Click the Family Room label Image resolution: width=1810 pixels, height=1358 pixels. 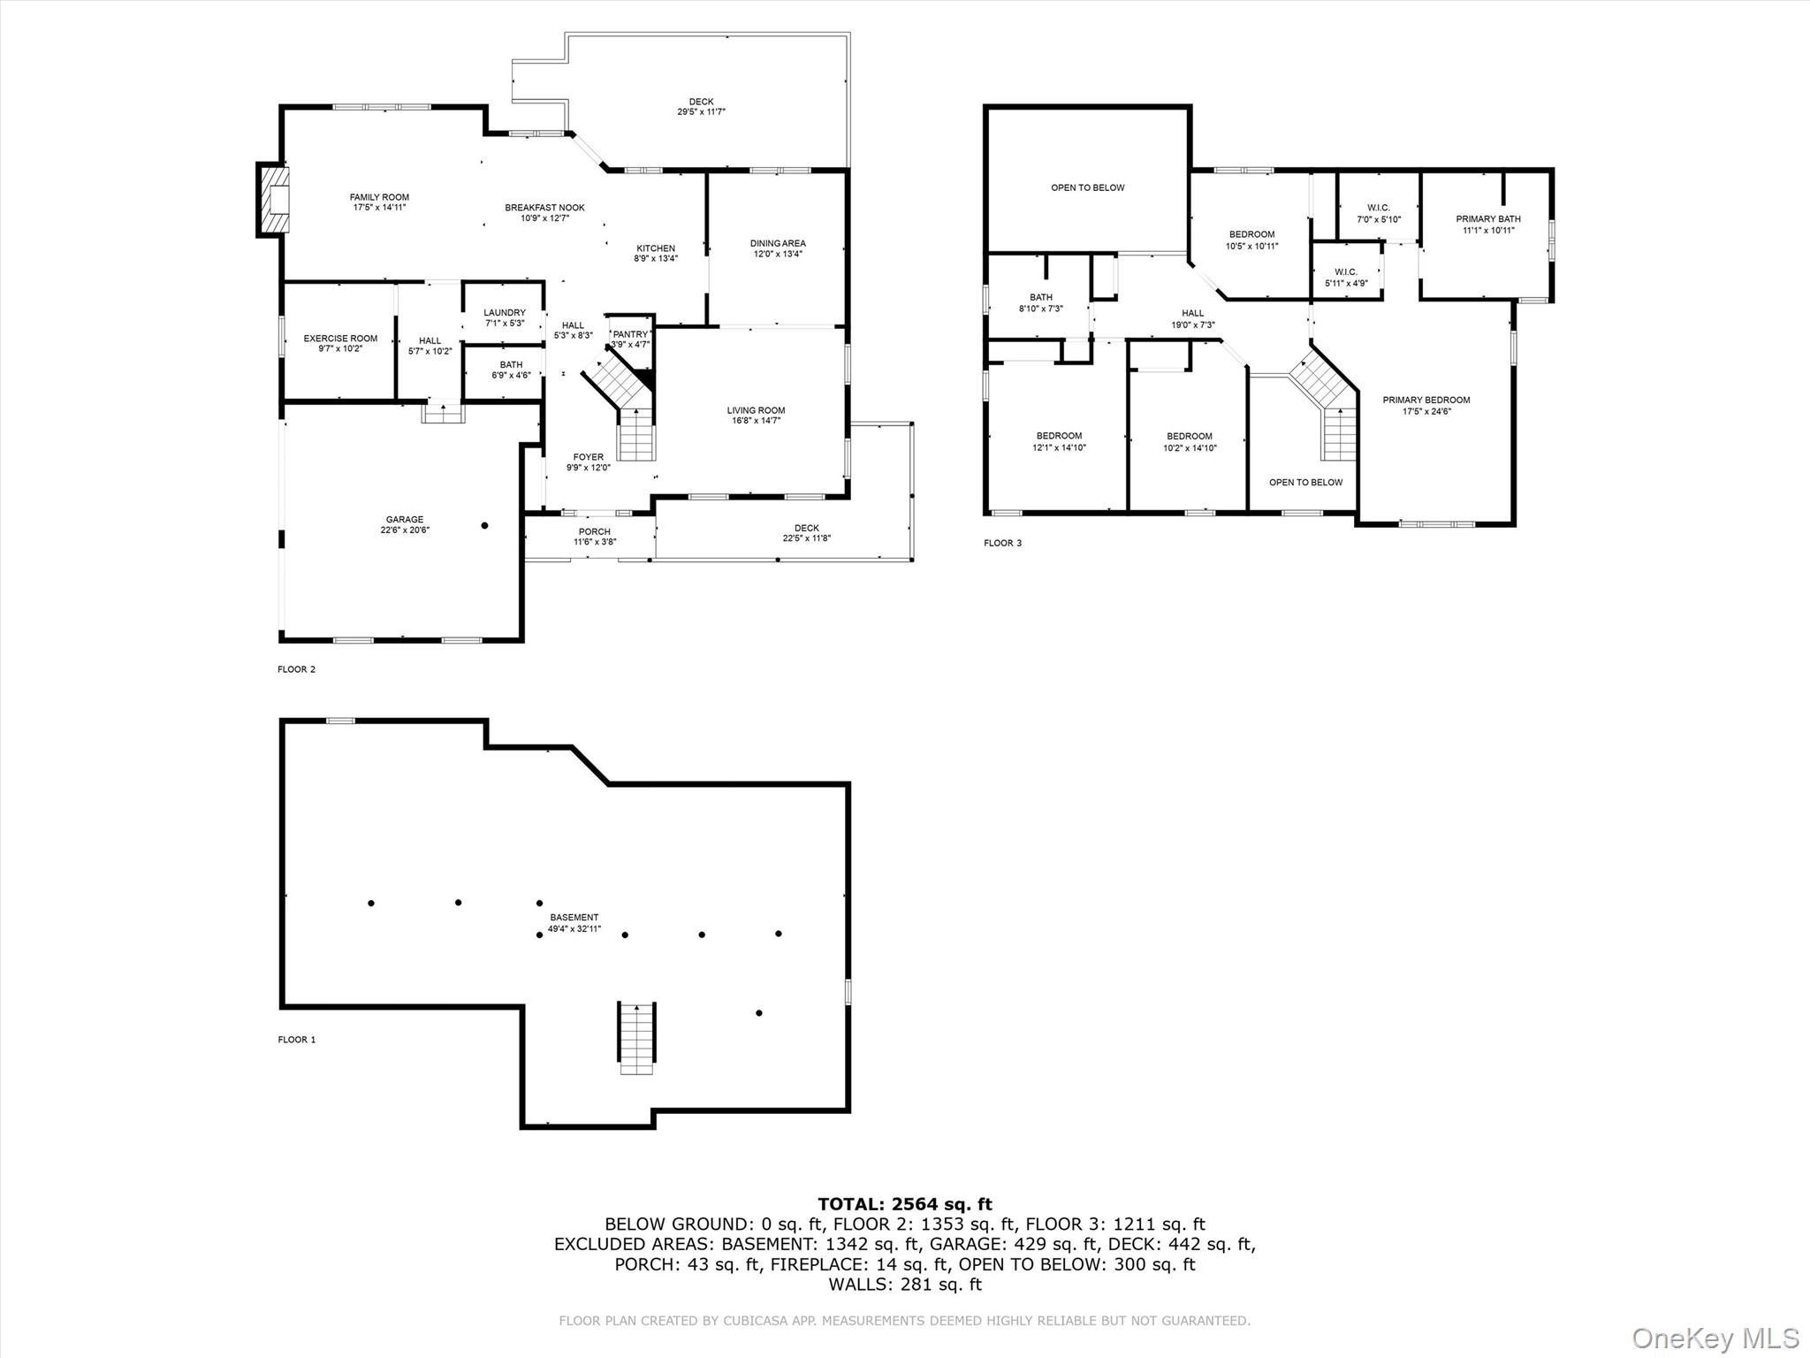[x=379, y=202]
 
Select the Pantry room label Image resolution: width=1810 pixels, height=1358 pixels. [x=630, y=334]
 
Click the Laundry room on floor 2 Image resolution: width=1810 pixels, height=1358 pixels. [x=504, y=317]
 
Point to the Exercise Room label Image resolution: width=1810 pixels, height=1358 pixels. [x=340, y=343]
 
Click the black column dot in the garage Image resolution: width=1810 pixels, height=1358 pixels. [x=484, y=526]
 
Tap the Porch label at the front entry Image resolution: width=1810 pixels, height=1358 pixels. [x=594, y=537]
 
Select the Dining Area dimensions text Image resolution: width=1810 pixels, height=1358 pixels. [x=778, y=255]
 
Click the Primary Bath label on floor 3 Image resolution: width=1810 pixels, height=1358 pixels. [x=1488, y=225]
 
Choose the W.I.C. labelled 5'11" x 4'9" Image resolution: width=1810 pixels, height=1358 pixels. [x=1346, y=278]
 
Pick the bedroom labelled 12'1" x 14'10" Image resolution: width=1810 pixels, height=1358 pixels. [x=1059, y=441]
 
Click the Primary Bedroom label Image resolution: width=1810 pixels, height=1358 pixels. [x=1426, y=405]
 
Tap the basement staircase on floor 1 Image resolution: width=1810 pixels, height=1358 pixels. [x=636, y=1038]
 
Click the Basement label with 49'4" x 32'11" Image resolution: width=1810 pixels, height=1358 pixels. [x=574, y=923]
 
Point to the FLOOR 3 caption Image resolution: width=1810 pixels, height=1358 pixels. [x=1002, y=543]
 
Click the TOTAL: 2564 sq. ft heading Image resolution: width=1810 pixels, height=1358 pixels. [x=904, y=1204]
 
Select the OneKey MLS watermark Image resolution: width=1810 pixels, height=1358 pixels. [x=1715, y=1337]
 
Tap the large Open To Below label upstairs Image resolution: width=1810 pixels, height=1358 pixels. [x=1087, y=187]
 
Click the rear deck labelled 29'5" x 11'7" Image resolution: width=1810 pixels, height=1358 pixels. [x=701, y=107]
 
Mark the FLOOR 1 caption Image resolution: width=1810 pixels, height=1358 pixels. [x=296, y=1040]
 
